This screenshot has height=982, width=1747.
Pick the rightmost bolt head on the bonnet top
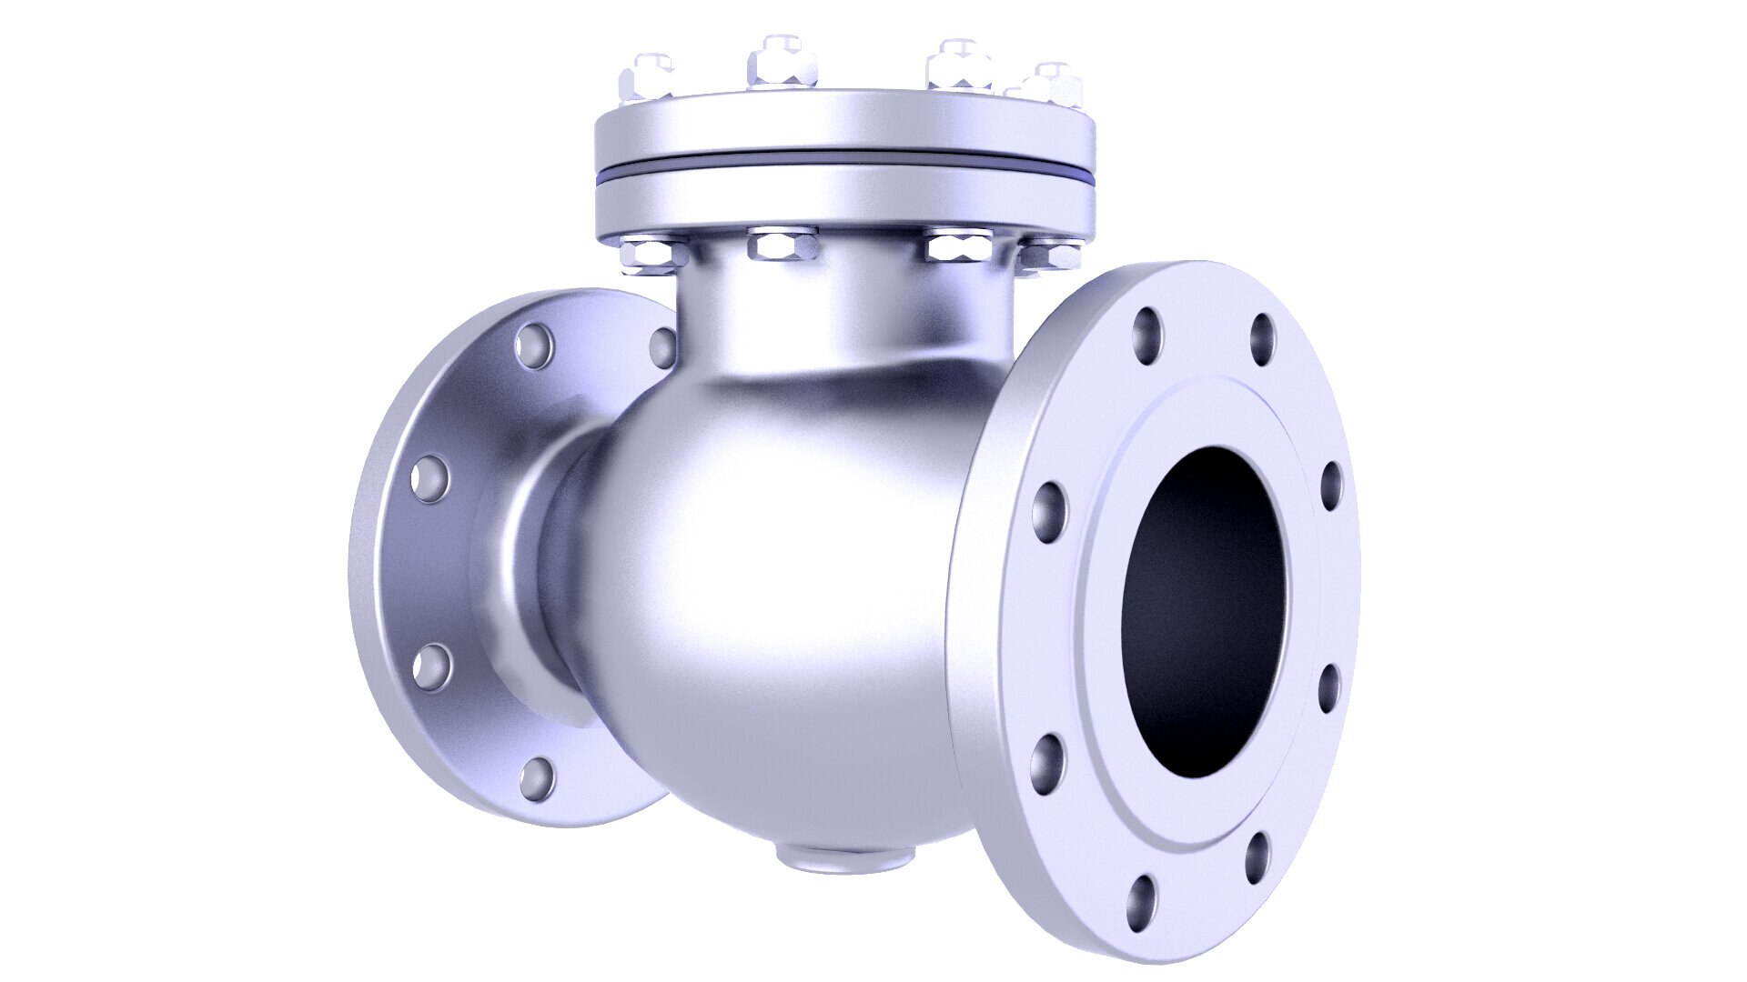(x=1051, y=85)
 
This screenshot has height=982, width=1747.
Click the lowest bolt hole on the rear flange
(x=537, y=777)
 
